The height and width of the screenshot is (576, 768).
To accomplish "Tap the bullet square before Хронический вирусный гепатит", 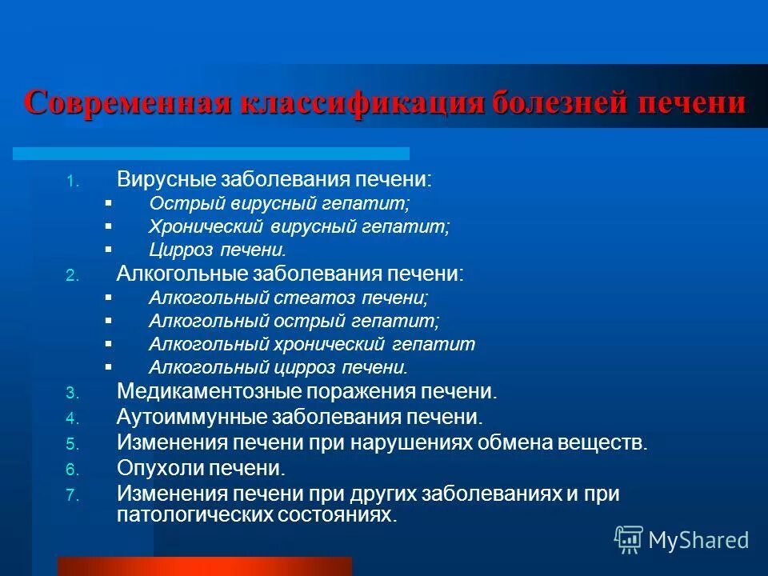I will [x=109, y=226].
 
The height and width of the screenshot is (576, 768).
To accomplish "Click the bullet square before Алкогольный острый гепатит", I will [x=109, y=321].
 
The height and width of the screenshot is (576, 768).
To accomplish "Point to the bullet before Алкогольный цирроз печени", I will [x=109, y=367].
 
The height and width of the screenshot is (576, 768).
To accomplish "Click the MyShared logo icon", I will [x=628, y=539].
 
